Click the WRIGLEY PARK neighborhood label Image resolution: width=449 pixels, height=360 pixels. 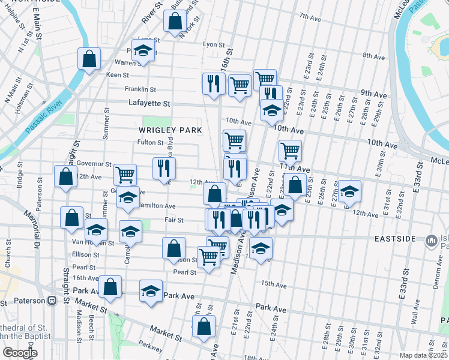(x=170, y=130)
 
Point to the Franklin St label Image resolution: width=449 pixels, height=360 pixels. (x=140, y=89)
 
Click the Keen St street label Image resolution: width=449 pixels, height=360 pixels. (x=117, y=75)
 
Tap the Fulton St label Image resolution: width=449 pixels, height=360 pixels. (x=150, y=142)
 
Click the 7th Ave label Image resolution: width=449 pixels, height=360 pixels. (x=311, y=17)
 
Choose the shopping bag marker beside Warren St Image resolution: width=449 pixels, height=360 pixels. (x=89, y=59)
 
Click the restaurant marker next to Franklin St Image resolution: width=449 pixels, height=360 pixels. (x=214, y=84)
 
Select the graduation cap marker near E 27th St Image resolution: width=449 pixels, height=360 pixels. (x=349, y=191)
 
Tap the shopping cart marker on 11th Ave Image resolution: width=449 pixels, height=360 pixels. (x=291, y=151)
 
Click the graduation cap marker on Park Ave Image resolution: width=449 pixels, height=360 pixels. (x=151, y=292)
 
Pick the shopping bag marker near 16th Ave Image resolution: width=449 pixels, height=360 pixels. (x=110, y=287)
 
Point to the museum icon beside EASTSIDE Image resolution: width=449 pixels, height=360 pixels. (x=430, y=241)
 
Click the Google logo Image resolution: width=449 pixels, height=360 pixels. (x=20, y=353)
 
